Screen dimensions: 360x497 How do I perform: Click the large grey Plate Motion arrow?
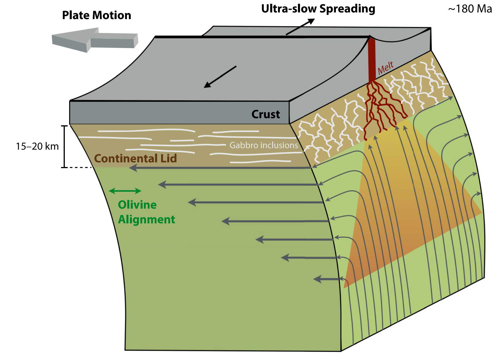[x=93, y=40]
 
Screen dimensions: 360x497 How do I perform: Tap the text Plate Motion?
[x=97, y=15]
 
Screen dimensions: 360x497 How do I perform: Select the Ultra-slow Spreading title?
[x=318, y=9]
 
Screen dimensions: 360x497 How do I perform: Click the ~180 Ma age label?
[x=470, y=9]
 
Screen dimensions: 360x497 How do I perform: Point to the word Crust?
[x=266, y=114]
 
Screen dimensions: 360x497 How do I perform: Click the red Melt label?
[x=386, y=68]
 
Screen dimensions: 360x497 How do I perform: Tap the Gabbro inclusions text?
[x=264, y=145]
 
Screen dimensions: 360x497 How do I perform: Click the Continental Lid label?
[x=135, y=159]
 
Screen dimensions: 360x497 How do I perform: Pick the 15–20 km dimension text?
[x=37, y=146]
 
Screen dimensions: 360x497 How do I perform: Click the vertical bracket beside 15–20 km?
[x=65, y=146]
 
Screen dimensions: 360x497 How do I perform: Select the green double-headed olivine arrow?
[x=125, y=191]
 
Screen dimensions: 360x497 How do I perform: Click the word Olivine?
[x=137, y=205]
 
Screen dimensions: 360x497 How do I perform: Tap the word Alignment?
[x=146, y=220]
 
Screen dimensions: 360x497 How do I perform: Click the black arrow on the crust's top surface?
[x=220, y=77]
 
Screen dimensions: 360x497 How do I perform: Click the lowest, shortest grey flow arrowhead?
[x=318, y=279]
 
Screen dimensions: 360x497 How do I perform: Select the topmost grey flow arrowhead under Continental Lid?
[x=133, y=168]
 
